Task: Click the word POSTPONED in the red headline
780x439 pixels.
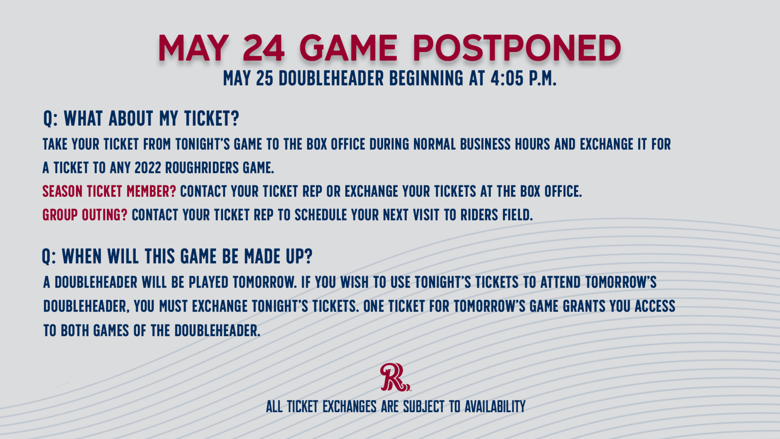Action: (x=517, y=48)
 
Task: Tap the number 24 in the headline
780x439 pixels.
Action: (x=264, y=48)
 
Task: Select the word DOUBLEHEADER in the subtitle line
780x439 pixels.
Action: (x=331, y=78)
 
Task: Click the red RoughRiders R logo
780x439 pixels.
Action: (x=395, y=377)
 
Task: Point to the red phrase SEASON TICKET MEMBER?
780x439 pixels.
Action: (x=109, y=191)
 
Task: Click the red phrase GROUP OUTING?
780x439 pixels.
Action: (x=85, y=215)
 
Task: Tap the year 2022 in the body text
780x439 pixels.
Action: (x=148, y=168)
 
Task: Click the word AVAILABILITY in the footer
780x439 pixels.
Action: (x=495, y=407)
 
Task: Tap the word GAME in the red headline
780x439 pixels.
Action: (x=348, y=48)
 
